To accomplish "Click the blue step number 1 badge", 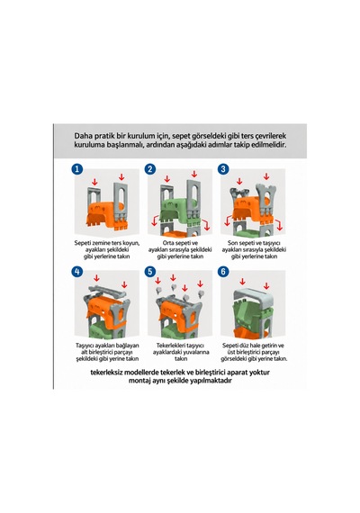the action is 76,169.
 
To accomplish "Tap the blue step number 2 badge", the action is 150,169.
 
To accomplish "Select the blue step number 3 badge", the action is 223,169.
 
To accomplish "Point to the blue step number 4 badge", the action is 76,272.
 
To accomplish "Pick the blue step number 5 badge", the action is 150,272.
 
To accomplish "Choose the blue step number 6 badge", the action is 223,272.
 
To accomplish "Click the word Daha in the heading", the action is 82,136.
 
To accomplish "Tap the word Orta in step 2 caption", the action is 168,243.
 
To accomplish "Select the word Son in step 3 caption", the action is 233,243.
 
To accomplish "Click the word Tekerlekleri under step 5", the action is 170,346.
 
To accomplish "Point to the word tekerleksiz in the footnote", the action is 106,373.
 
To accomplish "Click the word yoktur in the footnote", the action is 260,373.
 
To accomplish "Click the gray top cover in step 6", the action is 253,297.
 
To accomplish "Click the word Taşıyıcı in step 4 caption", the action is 86,346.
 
